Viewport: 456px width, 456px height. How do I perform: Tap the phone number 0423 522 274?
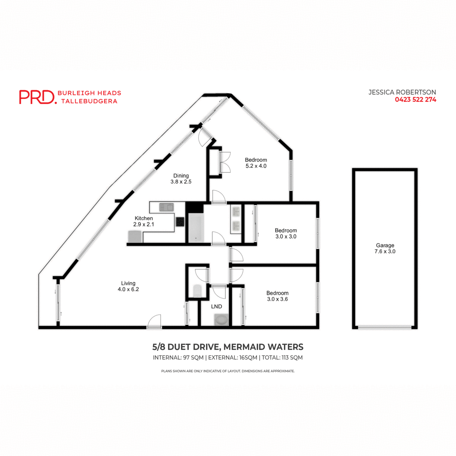[415, 100]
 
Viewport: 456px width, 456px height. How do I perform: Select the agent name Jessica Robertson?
[402, 92]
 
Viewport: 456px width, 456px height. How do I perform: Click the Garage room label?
[385, 245]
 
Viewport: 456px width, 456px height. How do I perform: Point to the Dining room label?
[181, 176]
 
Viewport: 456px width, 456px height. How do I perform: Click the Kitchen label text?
[144, 218]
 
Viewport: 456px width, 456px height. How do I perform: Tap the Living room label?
[128, 283]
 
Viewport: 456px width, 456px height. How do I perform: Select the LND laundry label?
[217, 306]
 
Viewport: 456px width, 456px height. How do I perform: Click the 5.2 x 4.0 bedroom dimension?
[256, 166]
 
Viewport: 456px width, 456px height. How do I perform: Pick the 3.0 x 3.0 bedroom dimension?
[286, 236]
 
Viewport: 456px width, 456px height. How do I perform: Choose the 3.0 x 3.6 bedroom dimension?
[277, 299]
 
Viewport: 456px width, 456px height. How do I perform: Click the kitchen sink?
[166, 207]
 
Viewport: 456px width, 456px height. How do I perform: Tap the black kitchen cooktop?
[180, 222]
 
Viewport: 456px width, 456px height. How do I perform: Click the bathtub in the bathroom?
[196, 228]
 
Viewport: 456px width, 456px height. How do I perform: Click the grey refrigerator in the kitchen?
[135, 237]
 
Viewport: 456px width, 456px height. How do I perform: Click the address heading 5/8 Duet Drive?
[228, 347]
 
